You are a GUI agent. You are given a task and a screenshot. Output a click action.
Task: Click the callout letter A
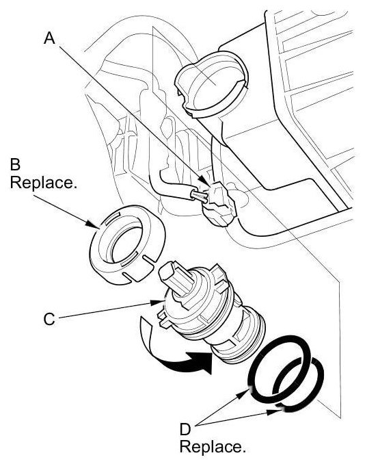(49, 38)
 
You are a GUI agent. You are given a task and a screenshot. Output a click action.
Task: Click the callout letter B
(15, 164)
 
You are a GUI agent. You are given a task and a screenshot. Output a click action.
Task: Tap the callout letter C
(49, 320)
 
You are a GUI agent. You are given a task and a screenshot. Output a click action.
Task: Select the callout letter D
(185, 429)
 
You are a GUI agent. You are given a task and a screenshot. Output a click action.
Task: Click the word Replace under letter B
(44, 183)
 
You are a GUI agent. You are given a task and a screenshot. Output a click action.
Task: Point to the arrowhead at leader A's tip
(203, 180)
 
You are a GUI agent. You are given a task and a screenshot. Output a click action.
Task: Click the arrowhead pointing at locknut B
(92, 224)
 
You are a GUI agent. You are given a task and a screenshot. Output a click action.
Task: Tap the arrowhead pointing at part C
(157, 302)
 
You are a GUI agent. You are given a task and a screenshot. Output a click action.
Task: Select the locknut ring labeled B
(127, 245)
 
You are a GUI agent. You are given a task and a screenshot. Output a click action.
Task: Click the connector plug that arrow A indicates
(219, 203)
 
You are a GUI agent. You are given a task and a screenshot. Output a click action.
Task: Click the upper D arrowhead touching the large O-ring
(244, 394)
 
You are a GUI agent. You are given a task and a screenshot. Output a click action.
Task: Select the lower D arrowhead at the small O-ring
(274, 411)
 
